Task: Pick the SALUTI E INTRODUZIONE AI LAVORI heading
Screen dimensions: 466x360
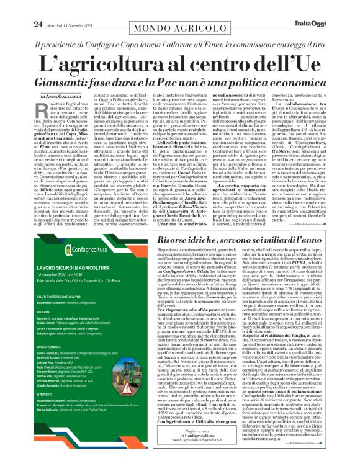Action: click(49, 280)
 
